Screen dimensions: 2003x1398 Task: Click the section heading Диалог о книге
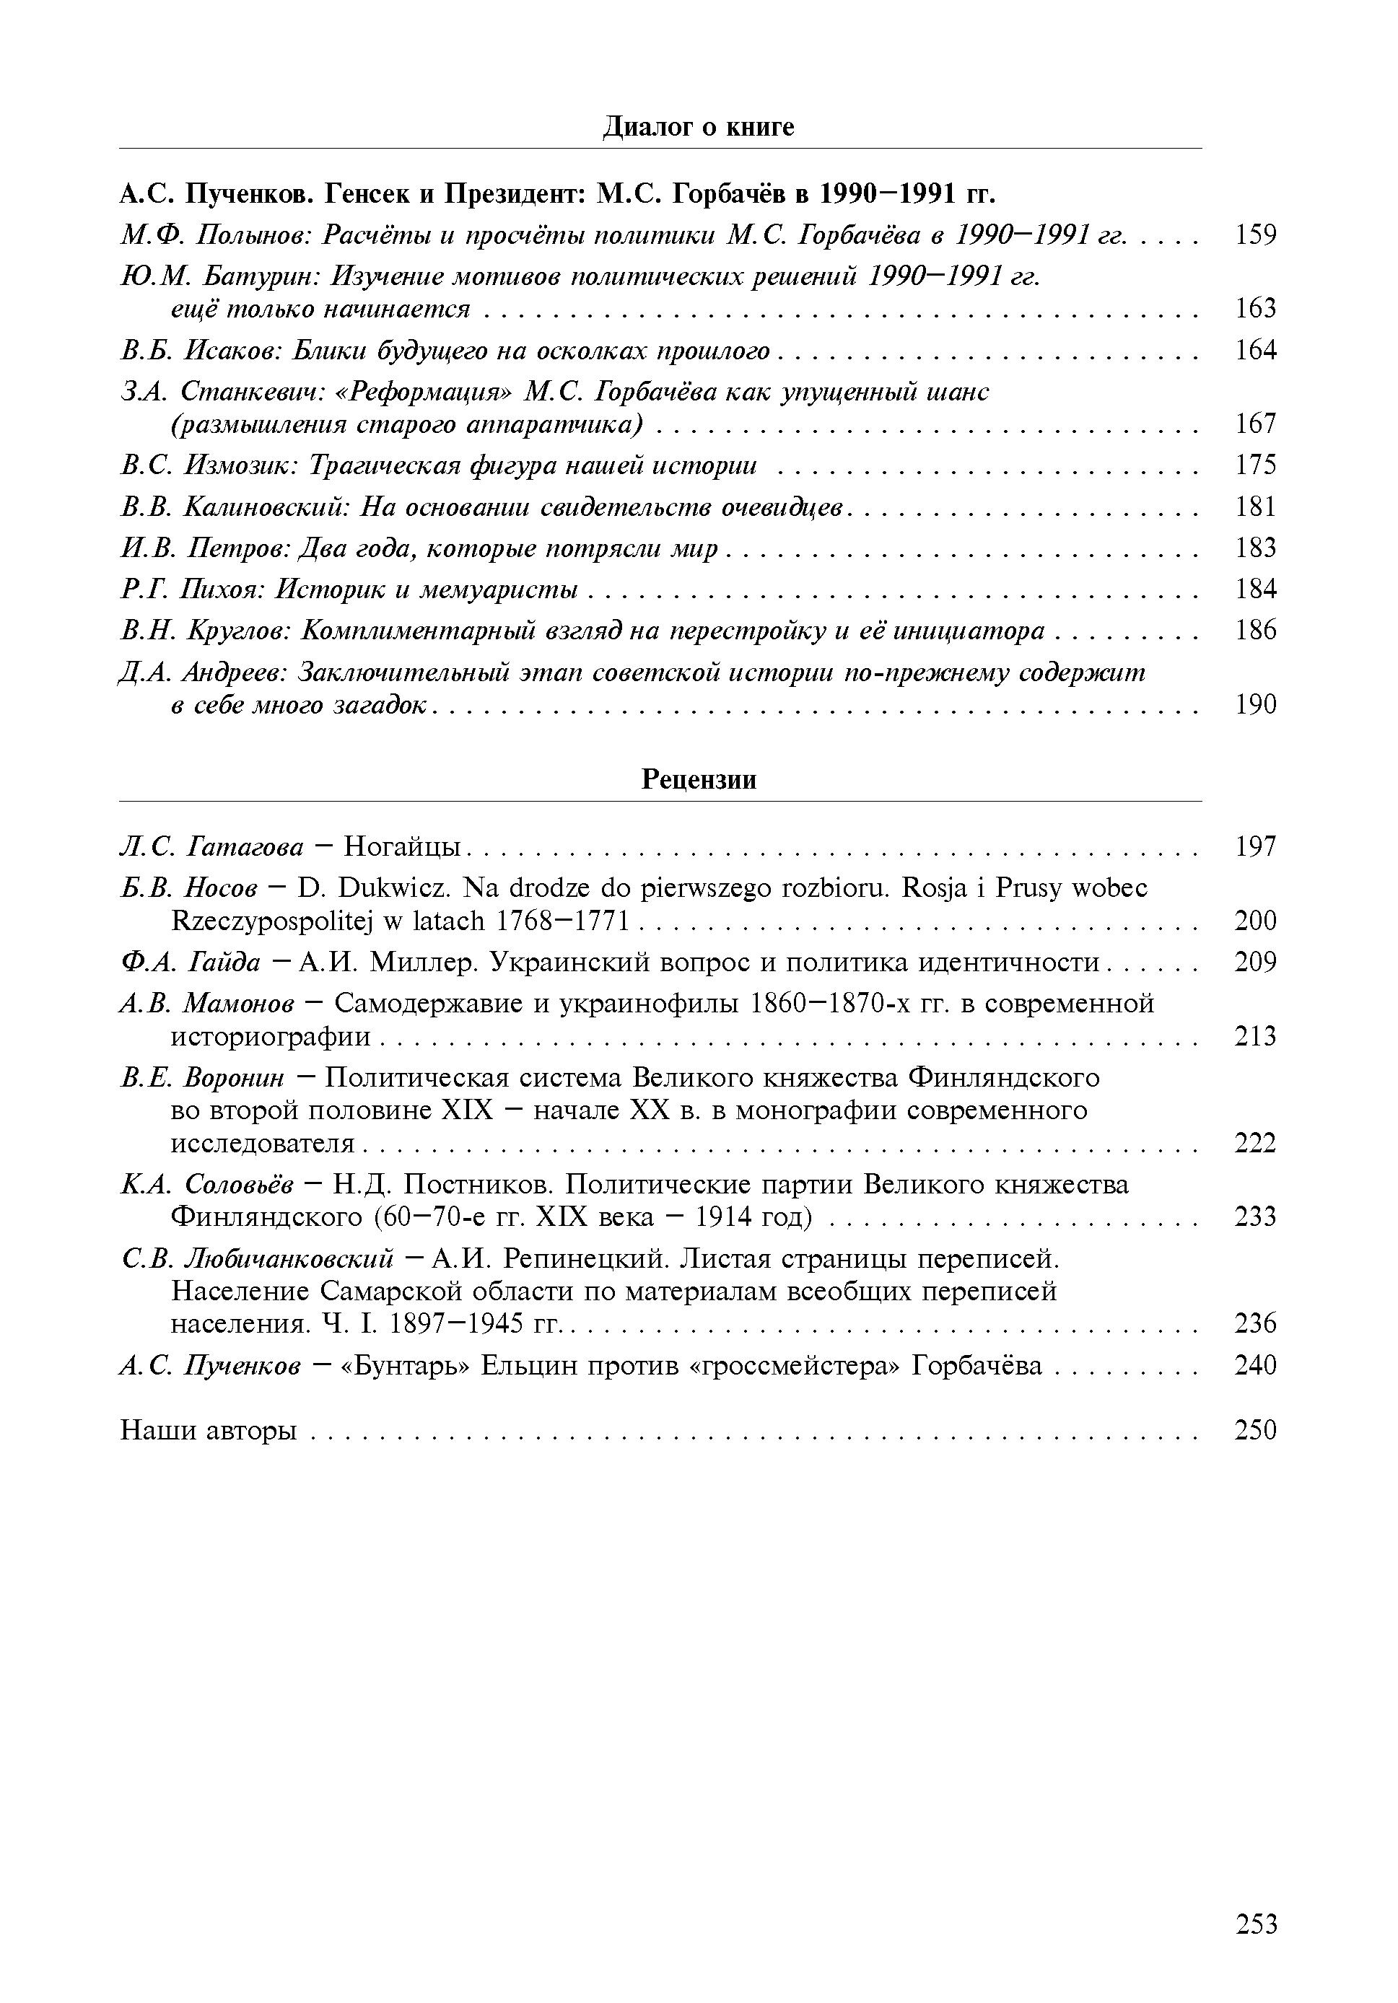pos(698,128)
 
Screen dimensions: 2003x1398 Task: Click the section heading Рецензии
pos(698,779)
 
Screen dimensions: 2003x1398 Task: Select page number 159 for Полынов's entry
pos(1255,235)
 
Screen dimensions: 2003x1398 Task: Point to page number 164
pos(1255,351)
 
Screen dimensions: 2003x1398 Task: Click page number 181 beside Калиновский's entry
pos(1255,507)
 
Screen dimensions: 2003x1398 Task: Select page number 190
pos(1255,705)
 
